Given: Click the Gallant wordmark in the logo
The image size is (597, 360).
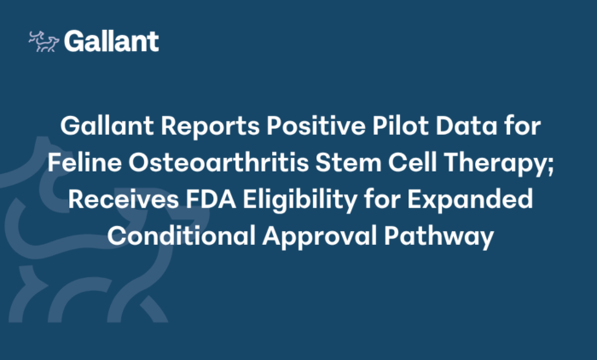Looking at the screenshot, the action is point(111,41).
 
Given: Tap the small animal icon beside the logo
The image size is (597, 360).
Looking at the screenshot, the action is point(43,41).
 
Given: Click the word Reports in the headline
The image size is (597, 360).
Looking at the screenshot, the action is point(210,126).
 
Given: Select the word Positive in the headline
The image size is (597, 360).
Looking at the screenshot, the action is point(316,125).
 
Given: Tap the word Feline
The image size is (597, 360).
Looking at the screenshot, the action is point(84,163).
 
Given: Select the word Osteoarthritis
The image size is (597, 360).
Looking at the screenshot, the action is point(218,163).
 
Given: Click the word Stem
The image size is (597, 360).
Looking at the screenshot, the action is point(348,163).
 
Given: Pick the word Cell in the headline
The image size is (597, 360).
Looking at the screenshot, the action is point(412,163).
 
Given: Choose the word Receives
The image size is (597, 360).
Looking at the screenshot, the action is point(124,200).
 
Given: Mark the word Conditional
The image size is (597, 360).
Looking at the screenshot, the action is point(181,235).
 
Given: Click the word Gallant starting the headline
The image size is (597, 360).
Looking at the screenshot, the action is point(107,125).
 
